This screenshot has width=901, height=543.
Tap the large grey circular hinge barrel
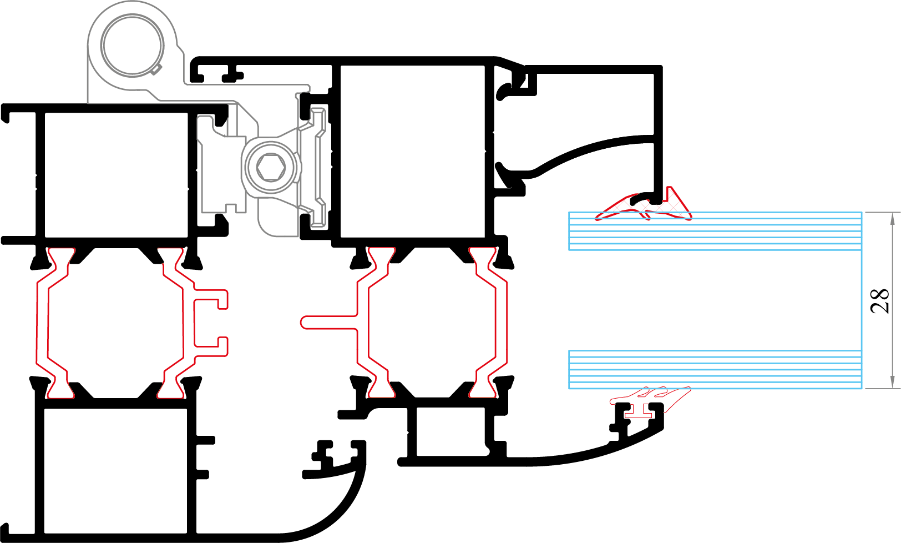(x=132, y=44)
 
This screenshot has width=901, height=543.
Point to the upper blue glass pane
(x=715, y=231)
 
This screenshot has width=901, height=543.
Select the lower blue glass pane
(x=715, y=369)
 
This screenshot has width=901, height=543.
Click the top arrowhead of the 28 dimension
(x=892, y=218)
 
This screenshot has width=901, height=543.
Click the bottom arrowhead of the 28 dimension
(x=892, y=383)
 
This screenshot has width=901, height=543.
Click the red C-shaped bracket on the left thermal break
(x=210, y=323)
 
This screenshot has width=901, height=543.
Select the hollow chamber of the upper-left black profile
(x=116, y=175)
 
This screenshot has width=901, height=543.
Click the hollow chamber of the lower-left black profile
(x=115, y=471)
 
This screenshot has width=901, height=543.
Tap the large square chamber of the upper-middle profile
(x=412, y=152)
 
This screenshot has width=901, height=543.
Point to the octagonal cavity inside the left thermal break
(x=115, y=323)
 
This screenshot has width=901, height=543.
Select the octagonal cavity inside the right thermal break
(x=431, y=323)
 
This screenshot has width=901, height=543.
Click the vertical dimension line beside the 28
(x=892, y=300)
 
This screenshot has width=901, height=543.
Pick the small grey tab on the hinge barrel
(x=156, y=68)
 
